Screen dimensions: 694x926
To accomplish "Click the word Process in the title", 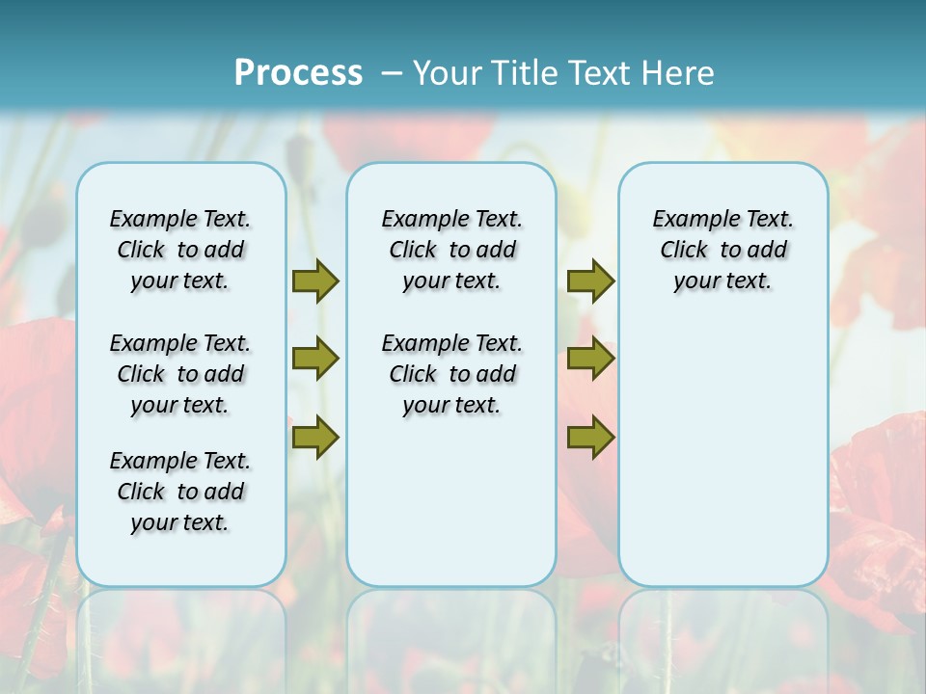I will [298, 72].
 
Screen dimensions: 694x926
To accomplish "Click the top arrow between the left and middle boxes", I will [315, 281].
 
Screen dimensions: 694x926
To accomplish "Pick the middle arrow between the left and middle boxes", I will [315, 359].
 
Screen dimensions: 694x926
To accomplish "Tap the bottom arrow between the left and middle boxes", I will [315, 438].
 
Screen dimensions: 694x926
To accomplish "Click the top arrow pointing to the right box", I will [590, 281].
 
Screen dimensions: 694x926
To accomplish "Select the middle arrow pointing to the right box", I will [590, 359].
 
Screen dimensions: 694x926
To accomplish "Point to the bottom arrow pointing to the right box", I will [590, 438].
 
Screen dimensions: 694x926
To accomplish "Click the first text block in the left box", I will [180, 250].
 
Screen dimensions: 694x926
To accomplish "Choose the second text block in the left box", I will [180, 374].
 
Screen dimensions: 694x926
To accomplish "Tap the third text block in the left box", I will [180, 492].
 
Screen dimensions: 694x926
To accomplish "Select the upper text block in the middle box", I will [451, 250].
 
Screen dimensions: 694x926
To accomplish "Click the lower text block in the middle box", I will [451, 374].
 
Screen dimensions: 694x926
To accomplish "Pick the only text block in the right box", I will [722, 250].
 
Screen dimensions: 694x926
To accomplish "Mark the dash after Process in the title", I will [391, 72].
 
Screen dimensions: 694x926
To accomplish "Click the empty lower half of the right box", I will [722, 463].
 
